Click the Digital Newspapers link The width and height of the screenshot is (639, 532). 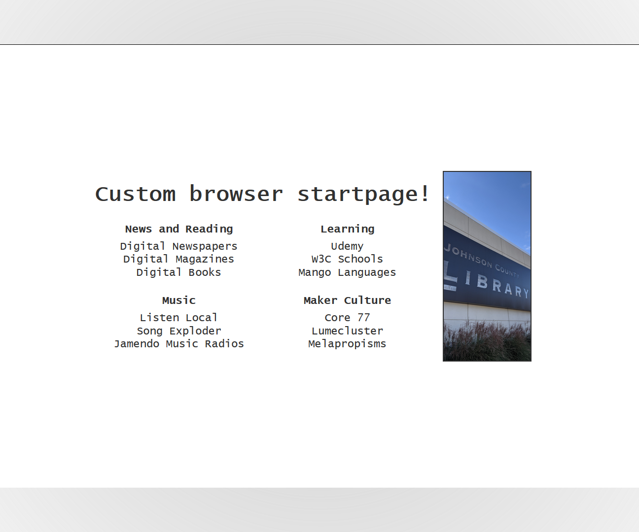[178, 246]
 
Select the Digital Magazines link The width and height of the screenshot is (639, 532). [178, 259]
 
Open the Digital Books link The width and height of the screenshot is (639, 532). [178, 272]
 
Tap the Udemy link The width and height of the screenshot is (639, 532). [347, 246]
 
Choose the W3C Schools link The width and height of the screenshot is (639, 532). [347, 259]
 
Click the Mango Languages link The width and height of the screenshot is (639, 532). [347, 272]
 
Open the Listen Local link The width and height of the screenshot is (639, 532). [178, 318]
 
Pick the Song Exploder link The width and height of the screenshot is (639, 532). [178, 331]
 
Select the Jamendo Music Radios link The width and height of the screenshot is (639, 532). [178, 344]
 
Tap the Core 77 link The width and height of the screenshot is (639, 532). [347, 318]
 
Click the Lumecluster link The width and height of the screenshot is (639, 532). [347, 331]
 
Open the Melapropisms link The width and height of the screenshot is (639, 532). [347, 344]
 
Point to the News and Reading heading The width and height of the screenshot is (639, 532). [178, 229]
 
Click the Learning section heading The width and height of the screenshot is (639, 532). [347, 229]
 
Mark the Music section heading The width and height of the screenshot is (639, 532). [178, 300]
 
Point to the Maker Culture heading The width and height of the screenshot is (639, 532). [347, 300]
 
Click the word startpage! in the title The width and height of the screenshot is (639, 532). [363, 194]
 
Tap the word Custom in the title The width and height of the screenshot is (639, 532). [136, 194]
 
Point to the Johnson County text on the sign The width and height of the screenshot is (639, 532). [481, 260]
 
